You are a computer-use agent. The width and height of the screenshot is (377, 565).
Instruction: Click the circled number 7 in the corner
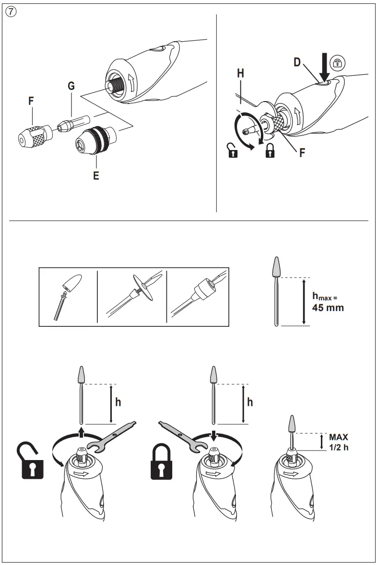tap(11, 12)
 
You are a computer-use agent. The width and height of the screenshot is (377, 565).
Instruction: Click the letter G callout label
tap(71, 86)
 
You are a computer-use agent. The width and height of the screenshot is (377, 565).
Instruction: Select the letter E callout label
tap(96, 175)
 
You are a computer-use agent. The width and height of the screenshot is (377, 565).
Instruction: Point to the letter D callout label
tap(297, 63)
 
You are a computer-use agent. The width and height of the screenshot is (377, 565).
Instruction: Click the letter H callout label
tap(240, 73)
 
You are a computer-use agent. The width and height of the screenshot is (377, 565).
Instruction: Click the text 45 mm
tap(328, 308)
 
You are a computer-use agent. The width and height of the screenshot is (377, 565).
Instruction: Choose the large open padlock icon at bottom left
tap(31, 460)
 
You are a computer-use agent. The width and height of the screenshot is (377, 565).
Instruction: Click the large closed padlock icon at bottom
tap(162, 461)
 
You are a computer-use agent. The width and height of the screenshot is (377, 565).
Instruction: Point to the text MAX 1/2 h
tap(338, 441)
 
